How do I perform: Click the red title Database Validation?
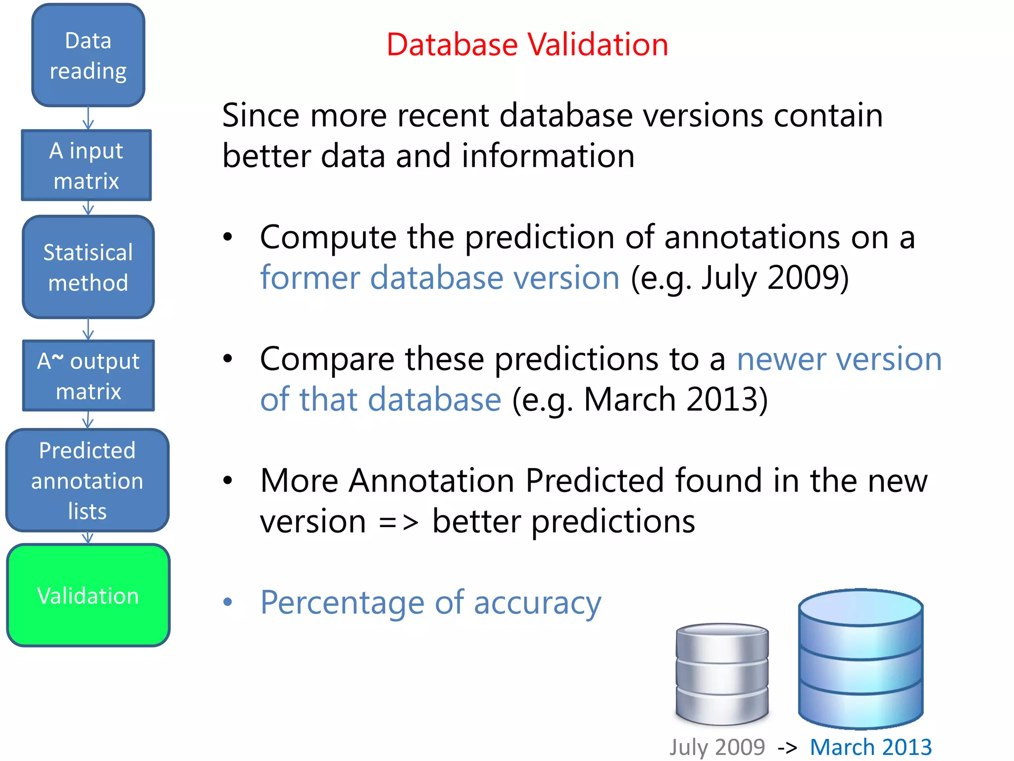(x=527, y=45)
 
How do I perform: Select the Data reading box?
(x=88, y=55)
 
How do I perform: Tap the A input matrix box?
(x=87, y=165)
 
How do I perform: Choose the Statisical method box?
(x=88, y=268)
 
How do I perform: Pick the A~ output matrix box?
(x=89, y=376)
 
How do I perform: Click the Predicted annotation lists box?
(x=87, y=481)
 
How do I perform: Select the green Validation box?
(x=88, y=595)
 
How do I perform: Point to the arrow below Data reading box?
(x=88, y=118)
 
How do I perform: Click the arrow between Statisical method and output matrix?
(x=88, y=329)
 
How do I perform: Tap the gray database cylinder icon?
(x=722, y=674)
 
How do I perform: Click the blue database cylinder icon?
(x=861, y=659)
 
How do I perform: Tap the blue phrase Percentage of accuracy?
(x=431, y=602)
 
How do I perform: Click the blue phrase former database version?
(x=440, y=277)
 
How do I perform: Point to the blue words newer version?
(x=839, y=359)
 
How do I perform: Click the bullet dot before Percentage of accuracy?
(x=227, y=602)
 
